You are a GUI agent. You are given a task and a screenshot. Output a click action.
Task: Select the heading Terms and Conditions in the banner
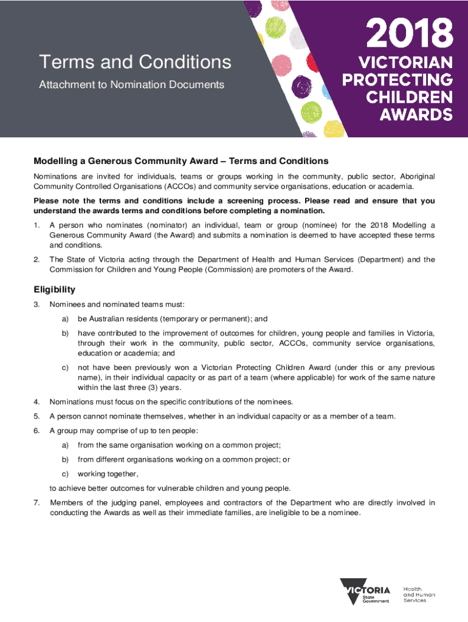pos(135,62)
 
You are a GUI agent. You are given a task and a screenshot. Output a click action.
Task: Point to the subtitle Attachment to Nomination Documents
pos(131,84)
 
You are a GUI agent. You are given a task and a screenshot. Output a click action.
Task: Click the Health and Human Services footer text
pos(419,594)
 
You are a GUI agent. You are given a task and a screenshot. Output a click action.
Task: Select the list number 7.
pos(36,502)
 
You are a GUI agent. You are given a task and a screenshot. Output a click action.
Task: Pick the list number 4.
pos(36,402)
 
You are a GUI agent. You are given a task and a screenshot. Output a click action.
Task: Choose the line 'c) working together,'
pos(100,474)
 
